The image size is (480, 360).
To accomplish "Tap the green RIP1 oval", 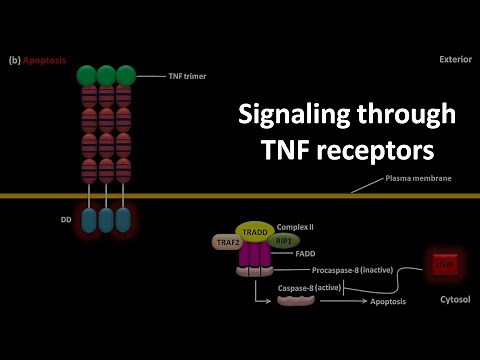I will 284,241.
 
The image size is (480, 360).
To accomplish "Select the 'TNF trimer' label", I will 164,75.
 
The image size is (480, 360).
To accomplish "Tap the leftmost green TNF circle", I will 86,75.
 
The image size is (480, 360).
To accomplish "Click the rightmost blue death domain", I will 123,220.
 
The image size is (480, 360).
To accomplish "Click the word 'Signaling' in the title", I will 292,115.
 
